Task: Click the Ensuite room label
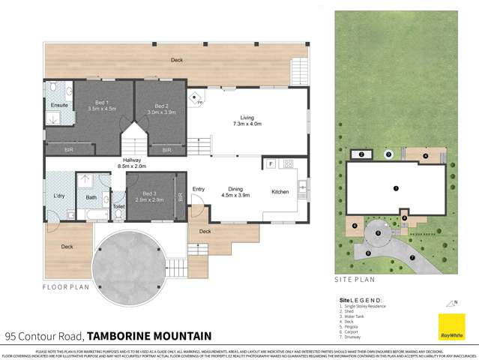pyautogui.click(x=58, y=105)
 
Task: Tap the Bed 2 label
pyautogui.click(x=161, y=106)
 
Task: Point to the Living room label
pyautogui.click(x=247, y=118)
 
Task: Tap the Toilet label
pyautogui.click(x=118, y=205)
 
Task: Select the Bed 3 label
pyautogui.click(x=151, y=193)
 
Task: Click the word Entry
pyautogui.click(x=199, y=189)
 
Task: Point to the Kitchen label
pyautogui.click(x=280, y=192)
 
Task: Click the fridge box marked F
pyautogui.click(x=268, y=163)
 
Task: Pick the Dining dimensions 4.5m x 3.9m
pyautogui.click(x=236, y=196)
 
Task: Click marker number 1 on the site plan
pyautogui.click(x=396, y=187)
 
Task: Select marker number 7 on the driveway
pyautogui.click(x=412, y=257)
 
